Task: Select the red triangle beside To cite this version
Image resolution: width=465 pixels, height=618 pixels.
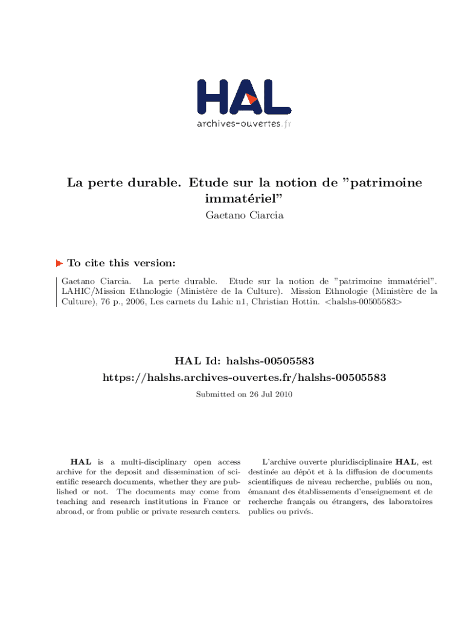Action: pyautogui.click(x=59, y=263)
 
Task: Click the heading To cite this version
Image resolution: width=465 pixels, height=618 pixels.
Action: pyautogui.click(x=121, y=263)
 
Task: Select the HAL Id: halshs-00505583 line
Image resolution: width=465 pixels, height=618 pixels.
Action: pyautogui.click(x=244, y=362)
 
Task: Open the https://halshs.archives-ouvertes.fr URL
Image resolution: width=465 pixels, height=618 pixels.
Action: pyautogui.click(x=244, y=378)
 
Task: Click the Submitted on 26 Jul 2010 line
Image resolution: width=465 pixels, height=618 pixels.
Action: pyautogui.click(x=244, y=394)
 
